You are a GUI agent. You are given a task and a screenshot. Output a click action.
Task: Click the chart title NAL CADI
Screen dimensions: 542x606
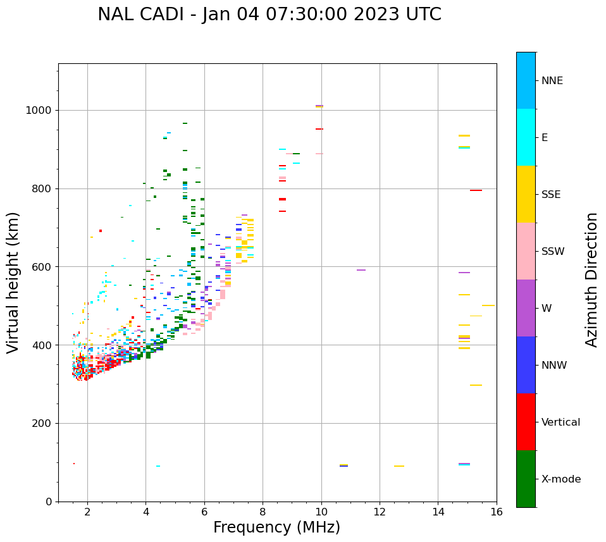(x=269, y=15)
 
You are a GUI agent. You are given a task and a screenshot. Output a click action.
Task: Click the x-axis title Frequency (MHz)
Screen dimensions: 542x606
(x=276, y=527)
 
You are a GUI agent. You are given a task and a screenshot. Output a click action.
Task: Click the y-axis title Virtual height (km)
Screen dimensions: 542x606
(x=13, y=282)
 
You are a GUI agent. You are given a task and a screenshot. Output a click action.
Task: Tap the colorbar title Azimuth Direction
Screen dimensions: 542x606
(x=591, y=280)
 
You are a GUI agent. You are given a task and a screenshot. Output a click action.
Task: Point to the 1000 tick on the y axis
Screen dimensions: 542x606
(x=40, y=111)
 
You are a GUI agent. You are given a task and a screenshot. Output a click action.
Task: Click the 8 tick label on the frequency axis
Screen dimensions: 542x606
(x=263, y=512)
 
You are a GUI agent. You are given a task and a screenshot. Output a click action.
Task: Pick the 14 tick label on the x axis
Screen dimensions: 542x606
(x=438, y=512)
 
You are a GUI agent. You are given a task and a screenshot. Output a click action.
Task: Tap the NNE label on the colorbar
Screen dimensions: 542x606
(x=552, y=81)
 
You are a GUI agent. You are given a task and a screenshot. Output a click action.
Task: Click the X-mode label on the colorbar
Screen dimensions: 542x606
(x=560, y=479)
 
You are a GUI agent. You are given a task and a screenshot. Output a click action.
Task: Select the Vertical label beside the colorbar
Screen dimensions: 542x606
(x=560, y=422)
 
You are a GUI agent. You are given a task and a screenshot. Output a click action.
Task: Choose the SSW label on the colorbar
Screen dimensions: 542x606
(x=553, y=252)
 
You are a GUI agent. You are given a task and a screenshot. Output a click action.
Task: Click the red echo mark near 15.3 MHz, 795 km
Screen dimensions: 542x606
(x=476, y=190)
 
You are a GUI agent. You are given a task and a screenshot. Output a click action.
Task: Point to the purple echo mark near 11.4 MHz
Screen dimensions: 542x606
(x=361, y=270)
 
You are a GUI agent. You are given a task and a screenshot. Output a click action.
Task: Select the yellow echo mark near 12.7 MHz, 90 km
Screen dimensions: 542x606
(x=399, y=466)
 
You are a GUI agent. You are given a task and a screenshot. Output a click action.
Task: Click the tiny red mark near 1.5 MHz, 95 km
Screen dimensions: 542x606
(x=74, y=464)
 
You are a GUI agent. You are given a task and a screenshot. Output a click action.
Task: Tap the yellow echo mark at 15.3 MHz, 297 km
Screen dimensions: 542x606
(x=476, y=385)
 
